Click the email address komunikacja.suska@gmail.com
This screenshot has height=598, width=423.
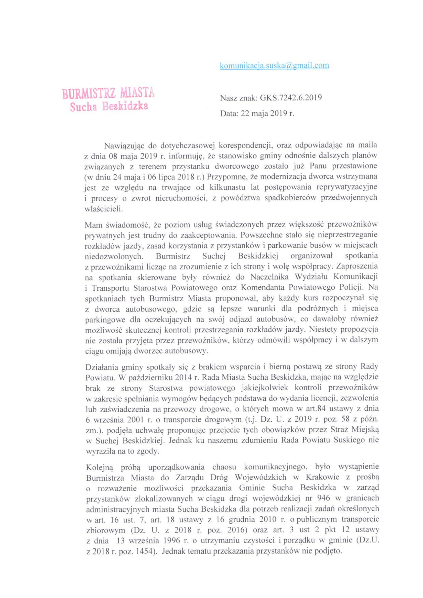pos(274,66)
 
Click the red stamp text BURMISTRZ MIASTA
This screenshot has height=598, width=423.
pos(108,94)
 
